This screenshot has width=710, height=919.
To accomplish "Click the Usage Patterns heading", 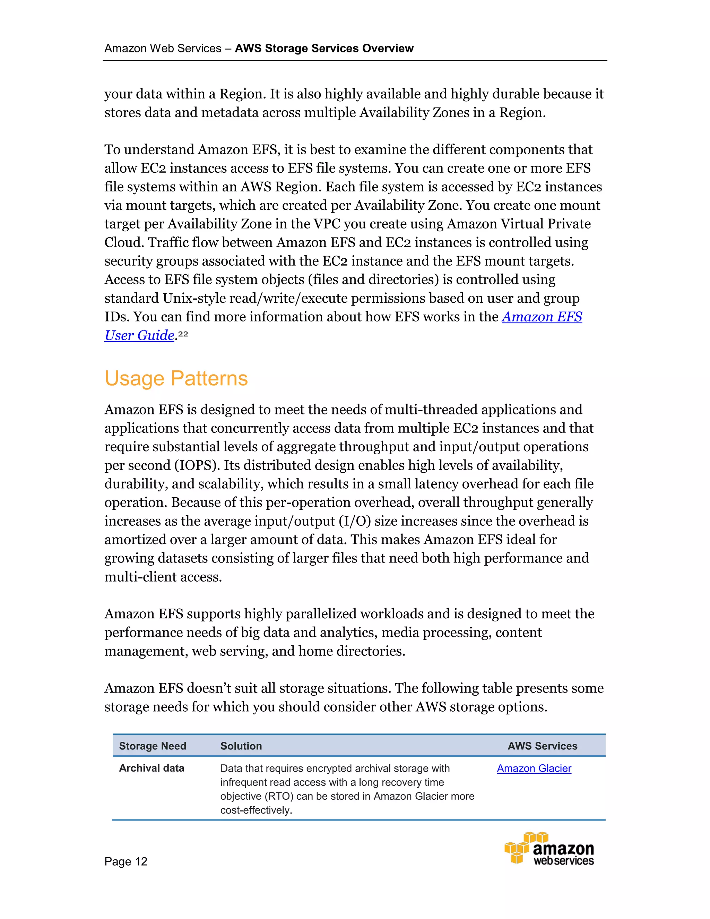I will [x=176, y=378].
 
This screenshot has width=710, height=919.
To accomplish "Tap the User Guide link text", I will [x=139, y=335].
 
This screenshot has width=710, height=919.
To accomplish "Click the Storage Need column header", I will [x=152, y=746].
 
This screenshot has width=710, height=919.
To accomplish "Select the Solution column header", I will [x=241, y=746].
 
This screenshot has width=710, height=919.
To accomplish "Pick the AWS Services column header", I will [x=542, y=746].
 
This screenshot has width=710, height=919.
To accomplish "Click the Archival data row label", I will [x=151, y=768].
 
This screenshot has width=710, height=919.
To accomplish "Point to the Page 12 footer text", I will [x=126, y=861].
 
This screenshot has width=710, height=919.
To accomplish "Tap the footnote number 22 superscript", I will [x=183, y=334].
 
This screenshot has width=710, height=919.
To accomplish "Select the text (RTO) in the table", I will [x=278, y=796].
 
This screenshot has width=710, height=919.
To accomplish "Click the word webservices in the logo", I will [x=564, y=861].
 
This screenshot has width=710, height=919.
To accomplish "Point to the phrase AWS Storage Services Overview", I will [x=324, y=49].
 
